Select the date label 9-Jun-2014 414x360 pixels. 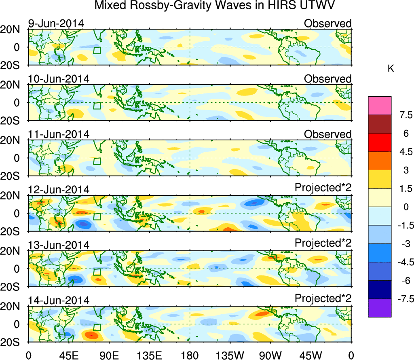[x=56, y=23]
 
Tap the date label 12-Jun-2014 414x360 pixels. [x=59, y=189]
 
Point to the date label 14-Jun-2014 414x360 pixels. [x=59, y=300]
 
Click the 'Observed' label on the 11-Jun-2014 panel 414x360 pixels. [x=327, y=134]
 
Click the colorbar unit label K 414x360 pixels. [x=391, y=69]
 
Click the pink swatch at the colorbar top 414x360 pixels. [x=380, y=105]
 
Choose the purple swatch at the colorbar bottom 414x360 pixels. [x=380, y=308]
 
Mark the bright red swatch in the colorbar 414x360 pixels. [x=380, y=142]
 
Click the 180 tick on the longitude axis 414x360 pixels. [x=190, y=355]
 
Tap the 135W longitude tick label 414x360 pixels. [x=230, y=355]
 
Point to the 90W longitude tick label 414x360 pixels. [x=270, y=355]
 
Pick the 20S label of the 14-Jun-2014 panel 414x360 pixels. [x=13, y=342]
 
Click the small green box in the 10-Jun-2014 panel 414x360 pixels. [x=97, y=106]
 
